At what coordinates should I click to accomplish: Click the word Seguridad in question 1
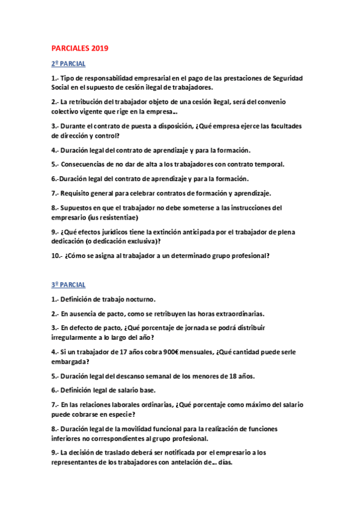pyautogui.click(x=287, y=78)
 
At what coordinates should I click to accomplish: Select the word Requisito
pyautogui.click(x=76, y=193)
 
